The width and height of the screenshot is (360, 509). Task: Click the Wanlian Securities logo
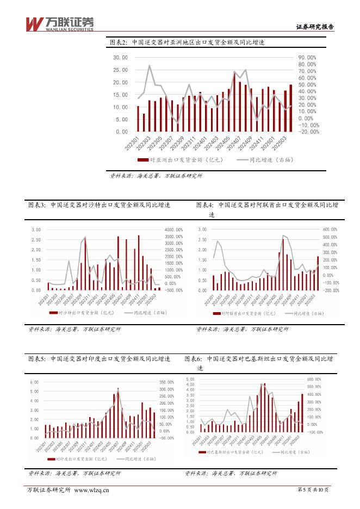[60, 23]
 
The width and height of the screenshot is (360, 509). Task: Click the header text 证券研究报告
[314, 27]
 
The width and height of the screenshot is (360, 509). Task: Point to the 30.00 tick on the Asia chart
[120, 57]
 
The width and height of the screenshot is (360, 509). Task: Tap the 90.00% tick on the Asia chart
[308, 57]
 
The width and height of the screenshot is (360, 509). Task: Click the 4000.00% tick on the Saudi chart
[174, 229]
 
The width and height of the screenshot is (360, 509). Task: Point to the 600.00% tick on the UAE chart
[331, 229]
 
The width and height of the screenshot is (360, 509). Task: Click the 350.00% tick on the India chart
[166, 382]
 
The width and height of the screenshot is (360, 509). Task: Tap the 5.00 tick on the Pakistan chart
[191, 379]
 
